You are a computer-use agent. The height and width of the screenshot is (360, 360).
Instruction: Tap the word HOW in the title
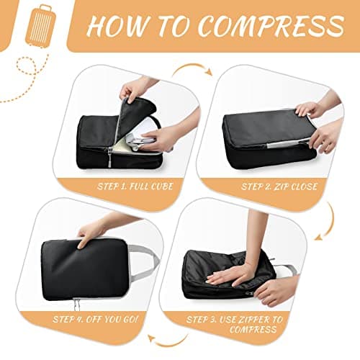click(x=117, y=27)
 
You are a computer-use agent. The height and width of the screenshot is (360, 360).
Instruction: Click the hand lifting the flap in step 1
click(x=137, y=87)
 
